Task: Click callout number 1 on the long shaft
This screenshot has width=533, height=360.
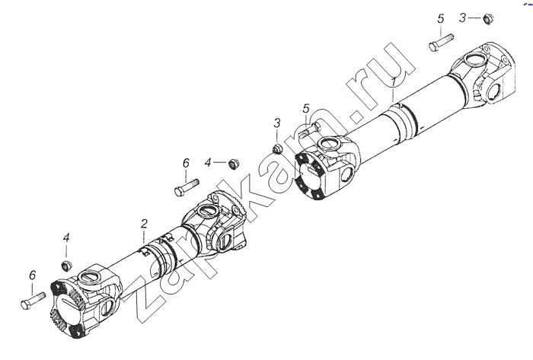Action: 394,82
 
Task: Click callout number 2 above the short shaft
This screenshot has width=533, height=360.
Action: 144,224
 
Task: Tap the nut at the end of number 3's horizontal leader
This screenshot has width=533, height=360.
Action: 488,19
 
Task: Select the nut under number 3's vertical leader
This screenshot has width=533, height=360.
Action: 278,148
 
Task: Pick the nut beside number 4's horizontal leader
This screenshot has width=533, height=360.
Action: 233,164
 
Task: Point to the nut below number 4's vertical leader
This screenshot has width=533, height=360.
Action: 67,266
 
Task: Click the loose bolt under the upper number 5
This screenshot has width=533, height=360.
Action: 441,42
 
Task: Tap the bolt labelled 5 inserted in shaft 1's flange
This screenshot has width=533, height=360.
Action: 309,129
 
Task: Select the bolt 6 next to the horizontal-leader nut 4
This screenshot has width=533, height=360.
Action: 187,187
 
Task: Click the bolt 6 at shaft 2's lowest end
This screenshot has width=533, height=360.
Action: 33,301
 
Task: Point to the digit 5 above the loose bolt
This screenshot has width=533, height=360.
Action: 441,19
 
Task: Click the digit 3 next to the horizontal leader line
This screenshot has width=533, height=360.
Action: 462,18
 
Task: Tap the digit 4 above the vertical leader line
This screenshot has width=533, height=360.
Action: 66,237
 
